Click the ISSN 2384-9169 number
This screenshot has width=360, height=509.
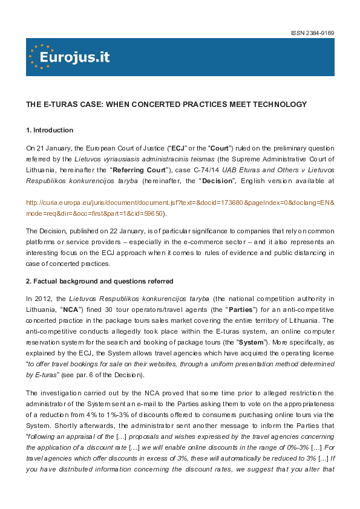coord(313,33)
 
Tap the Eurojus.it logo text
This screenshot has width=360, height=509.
coord(74,57)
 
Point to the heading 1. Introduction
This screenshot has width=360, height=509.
coord(50,130)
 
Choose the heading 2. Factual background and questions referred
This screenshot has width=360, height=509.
coord(100,280)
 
